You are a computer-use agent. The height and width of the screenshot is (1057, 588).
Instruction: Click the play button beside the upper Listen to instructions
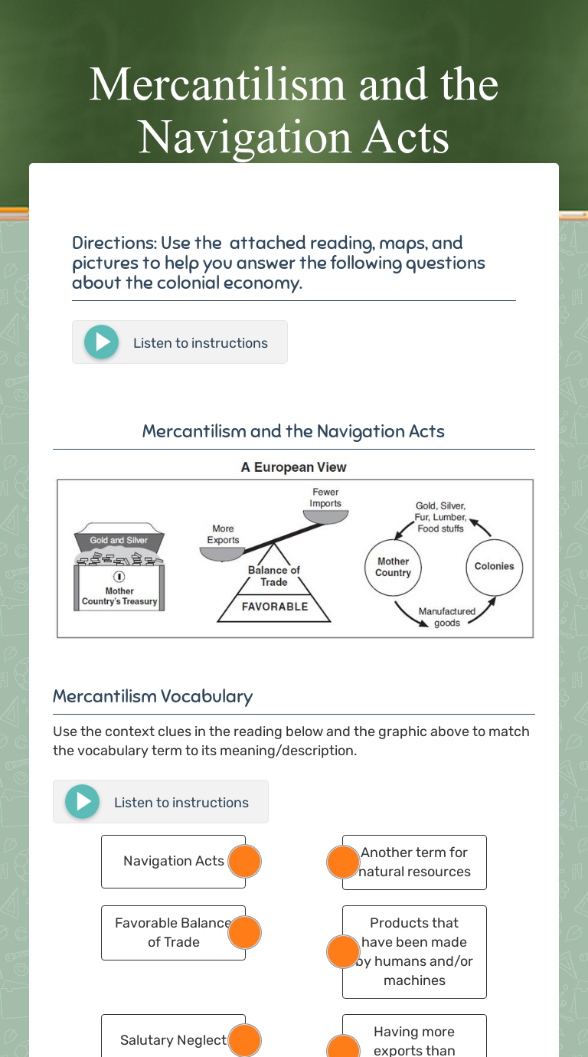coord(102,342)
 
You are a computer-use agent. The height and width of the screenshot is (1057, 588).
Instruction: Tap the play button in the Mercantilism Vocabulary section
coord(83,802)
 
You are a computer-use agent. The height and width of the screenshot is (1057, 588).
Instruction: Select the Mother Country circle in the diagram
coord(394,567)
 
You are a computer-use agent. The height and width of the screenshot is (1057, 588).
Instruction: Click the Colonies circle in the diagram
coord(494,567)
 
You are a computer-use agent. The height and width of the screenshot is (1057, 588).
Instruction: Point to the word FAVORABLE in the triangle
coord(274,607)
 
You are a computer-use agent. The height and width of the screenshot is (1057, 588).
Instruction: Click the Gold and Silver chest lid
coord(119,540)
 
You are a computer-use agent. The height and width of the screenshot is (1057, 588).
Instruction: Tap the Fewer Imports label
coord(325,498)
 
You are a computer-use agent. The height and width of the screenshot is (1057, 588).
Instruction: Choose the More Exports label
coord(223,534)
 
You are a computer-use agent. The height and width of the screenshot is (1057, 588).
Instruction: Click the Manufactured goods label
coord(447,617)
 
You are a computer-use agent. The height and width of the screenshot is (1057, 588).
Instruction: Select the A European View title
coord(294,467)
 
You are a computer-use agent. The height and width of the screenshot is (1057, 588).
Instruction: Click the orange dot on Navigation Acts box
coord(244,862)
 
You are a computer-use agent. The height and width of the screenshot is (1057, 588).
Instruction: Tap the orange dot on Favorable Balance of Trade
coord(244,932)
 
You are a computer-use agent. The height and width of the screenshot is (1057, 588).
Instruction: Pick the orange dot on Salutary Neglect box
coord(244,1040)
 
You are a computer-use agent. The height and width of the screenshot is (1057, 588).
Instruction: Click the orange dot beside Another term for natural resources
coord(343,862)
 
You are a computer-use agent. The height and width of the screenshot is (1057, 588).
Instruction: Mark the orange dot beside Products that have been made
coord(343,951)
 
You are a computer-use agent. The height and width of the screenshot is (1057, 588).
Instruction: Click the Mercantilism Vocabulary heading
coord(152,696)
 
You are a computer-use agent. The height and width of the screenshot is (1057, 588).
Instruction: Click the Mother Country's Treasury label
coord(119,596)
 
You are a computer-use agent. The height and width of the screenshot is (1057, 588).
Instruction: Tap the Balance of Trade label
coord(273,576)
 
